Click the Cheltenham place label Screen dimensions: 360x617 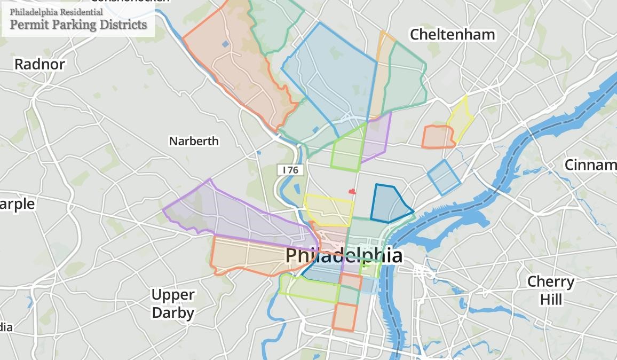tap(452, 35)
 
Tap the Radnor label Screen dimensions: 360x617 tap(39, 64)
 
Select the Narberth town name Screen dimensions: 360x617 tap(194, 141)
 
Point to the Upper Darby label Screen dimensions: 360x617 tap(172, 303)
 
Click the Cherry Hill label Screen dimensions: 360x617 tap(551, 290)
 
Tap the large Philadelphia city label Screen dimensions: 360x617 tap(344, 255)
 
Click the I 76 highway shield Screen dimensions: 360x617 tap(290, 170)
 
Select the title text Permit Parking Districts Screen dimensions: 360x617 tap(78, 25)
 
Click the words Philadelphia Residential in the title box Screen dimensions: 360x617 tap(56, 12)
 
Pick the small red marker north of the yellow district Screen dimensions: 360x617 tap(352, 191)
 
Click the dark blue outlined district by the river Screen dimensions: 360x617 tap(390, 204)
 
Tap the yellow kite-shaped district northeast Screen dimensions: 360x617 tap(461, 120)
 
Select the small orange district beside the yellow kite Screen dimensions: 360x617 tap(437, 137)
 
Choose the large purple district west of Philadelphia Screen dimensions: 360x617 tap(235, 214)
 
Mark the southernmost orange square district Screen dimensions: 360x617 tap(344, 317)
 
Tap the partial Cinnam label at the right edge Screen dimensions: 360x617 tap(590, 165)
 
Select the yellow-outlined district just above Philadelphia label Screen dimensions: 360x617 tap(328, 210)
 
